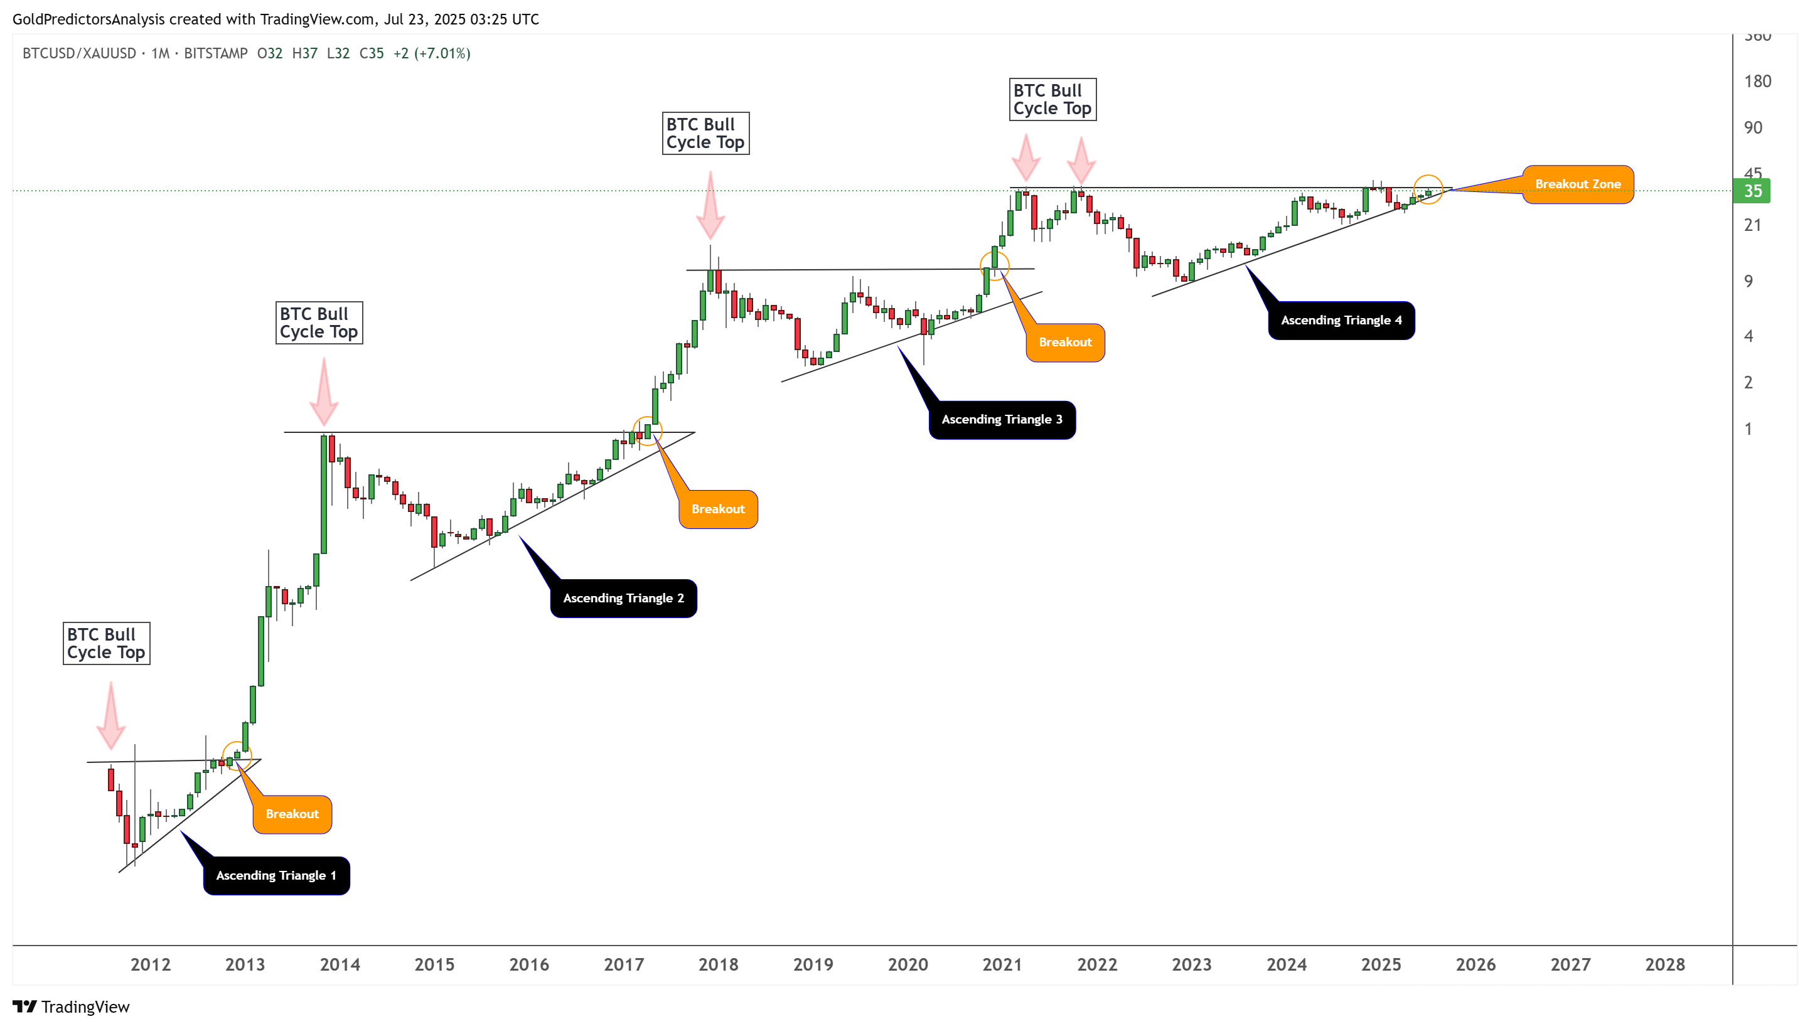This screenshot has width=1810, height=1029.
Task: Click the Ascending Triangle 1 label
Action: pyautogui.click(x=276, y=876)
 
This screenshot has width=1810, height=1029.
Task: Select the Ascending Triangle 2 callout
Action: pyautogui.click(x=623, y=599)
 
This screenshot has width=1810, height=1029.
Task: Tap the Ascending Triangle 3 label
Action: pyautogui.click(x=1002, y=420)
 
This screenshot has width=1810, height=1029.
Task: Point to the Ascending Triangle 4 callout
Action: pyautogui.click(x=1341, y=321)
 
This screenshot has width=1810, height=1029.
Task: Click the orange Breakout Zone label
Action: pyautogui.click(x=1578, y=184)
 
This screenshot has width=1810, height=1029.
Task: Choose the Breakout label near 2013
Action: pyautogui.click(x=292, y=814)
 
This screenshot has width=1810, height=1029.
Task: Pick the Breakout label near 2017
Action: pyautogui.click(x=717, y=509)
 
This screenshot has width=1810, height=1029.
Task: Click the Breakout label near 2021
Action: pyautogui.click(x=1065, y=343)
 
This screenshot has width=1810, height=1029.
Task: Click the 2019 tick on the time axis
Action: pyautogui.click(x=813, y=965)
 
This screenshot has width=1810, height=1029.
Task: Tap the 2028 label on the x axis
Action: pyautogui.click(x=1664, y=965)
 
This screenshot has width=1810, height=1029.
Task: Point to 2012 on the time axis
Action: pyautogui.click(x=151, y=965)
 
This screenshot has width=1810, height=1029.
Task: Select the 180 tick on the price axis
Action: pyautogui.click(x=1757, y=82)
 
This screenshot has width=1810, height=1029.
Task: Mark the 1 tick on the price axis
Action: pyautogui.click(x=1748, y=429)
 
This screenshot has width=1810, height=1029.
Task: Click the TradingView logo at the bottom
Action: pyautogui.click(x=72, y=1006)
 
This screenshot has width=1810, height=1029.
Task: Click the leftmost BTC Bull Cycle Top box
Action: pyautogui.click(x=106, y=643)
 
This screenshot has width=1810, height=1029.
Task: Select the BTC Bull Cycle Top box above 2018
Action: pyautogui.click(x=705, y=134)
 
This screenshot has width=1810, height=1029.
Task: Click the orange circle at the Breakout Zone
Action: pyautogui.click(x=1428, y=189)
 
